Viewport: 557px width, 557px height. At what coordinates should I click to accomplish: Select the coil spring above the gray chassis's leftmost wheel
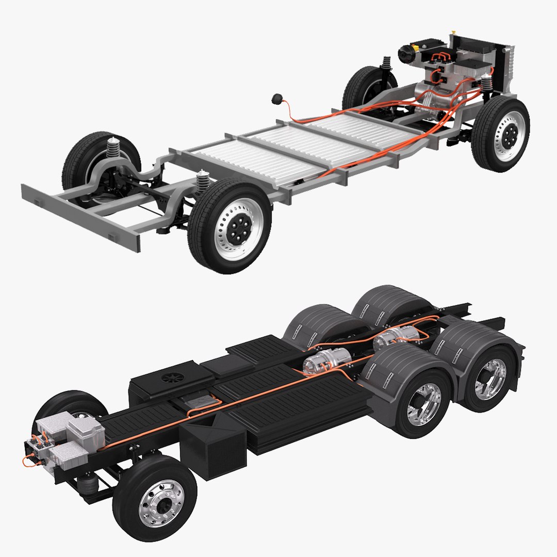(x=113, y=148)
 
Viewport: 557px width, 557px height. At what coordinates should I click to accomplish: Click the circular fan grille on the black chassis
(x=170, y=377)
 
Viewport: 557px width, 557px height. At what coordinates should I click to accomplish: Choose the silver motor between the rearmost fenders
(x=397, y=338)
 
